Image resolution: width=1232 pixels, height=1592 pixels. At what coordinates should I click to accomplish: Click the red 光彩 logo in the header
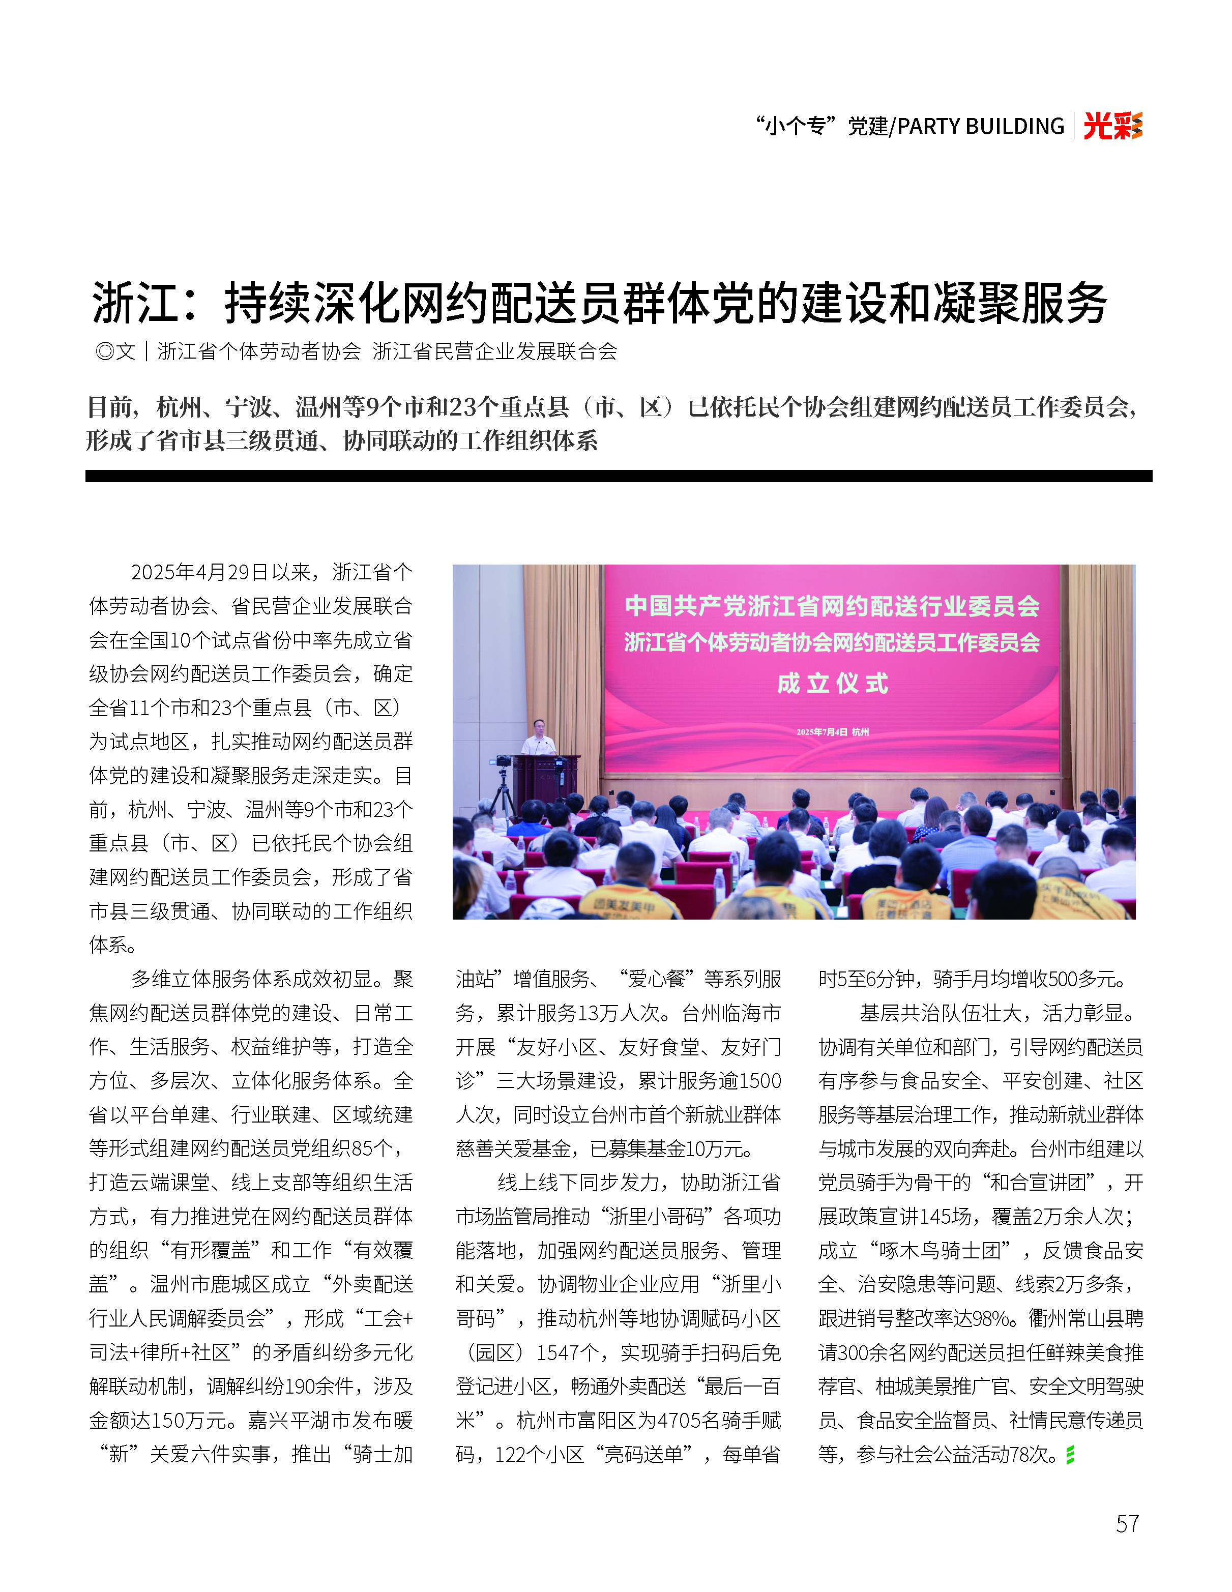(x=1112, y=126)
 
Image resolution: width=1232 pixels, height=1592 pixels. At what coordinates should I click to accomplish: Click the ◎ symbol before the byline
(x=105, y=351)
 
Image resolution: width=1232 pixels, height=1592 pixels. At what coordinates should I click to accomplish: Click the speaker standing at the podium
(x=539, y=738)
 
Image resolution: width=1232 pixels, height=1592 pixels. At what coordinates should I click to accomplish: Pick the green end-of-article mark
(x=1069, y=1455)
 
